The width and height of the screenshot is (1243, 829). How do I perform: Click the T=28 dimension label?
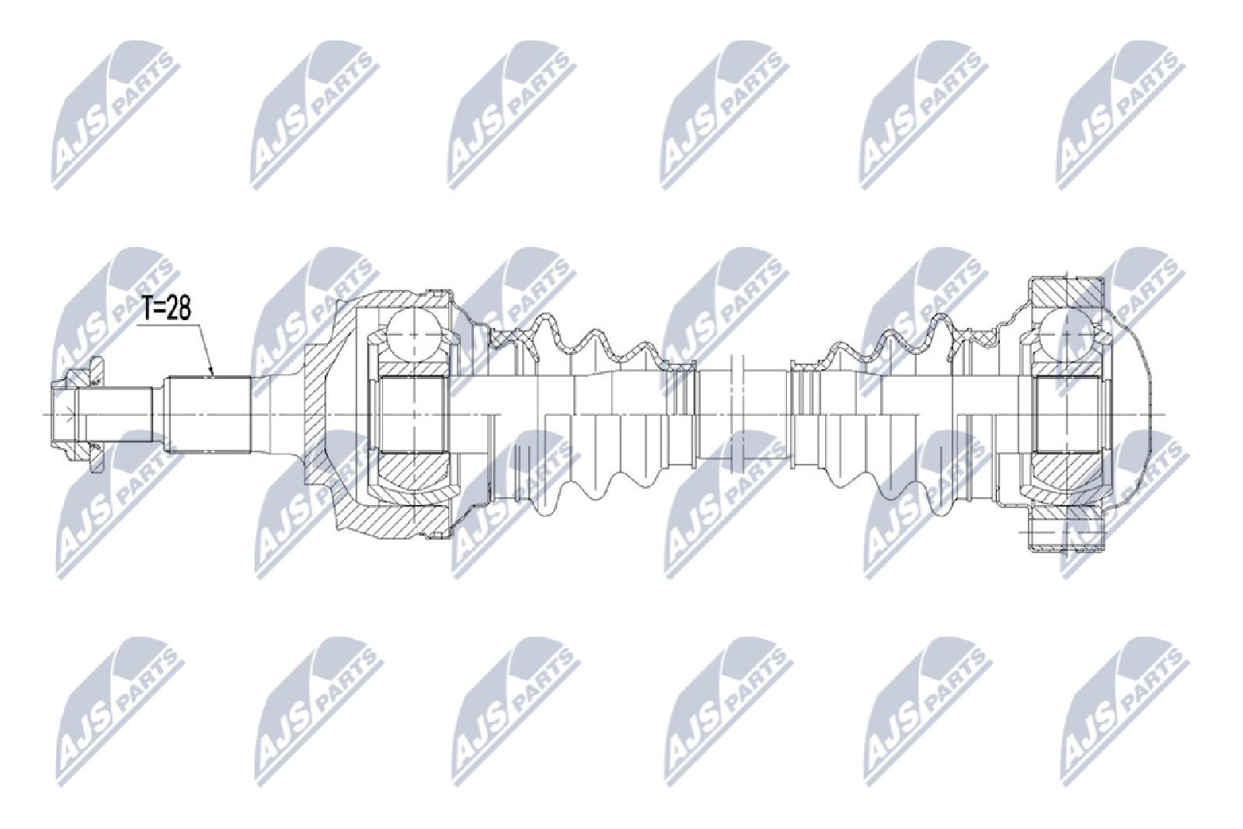coord(166,309)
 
